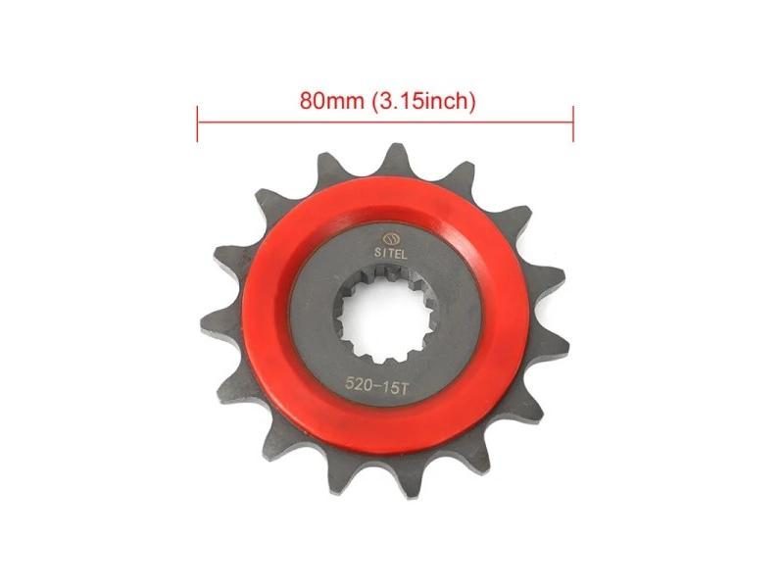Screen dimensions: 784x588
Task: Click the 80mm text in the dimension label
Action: tap(332, 101)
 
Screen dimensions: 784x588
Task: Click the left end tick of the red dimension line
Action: tap(198, 123)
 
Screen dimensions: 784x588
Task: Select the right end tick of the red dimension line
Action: tap(573, 123)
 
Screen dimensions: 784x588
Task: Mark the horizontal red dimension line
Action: tap(385, 121)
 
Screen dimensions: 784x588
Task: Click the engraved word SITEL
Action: tap(391, 254)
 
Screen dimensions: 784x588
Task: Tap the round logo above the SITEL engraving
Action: tap(389, 238)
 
